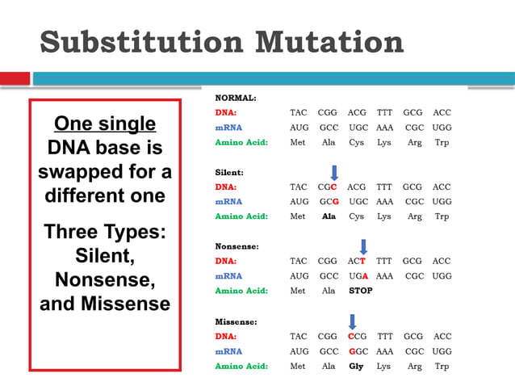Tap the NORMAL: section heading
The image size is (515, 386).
coord(236,98)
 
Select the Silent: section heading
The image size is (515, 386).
coord(229,172)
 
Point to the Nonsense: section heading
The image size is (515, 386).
coord(237,246)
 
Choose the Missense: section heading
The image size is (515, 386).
coord(236,321)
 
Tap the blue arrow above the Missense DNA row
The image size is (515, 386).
coord(352,321)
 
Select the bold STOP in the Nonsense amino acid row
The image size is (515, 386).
coord(361,291)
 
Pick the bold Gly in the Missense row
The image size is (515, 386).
coord(356,366)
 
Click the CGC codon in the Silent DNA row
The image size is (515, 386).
coord(328,187)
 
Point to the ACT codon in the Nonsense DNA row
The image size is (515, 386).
coord(357,261)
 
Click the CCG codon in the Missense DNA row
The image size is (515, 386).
coord(357,336)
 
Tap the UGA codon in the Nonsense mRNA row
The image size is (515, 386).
coord(357,275)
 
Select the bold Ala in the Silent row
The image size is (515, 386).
coord(328,216)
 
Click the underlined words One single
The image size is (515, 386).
coord(105,124)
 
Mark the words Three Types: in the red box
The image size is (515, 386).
coord(105,232)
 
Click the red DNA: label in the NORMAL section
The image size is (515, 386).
coord(226,112)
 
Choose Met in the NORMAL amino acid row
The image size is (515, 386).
coord(298,142)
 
